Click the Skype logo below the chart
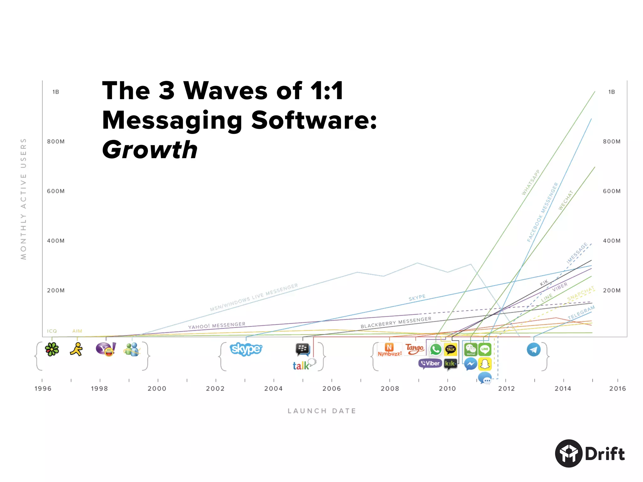246,349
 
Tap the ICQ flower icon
52,349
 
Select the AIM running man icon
77,349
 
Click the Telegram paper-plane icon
533,350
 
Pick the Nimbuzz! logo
389,350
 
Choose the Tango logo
414,348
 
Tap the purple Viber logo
430,363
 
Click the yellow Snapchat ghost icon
485,364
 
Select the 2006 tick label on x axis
332,388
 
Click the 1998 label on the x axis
100,388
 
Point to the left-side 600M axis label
56,191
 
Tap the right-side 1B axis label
611,92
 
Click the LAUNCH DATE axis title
322,411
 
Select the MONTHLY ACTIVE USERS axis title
24,199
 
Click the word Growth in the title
150,150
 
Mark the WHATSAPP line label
531,182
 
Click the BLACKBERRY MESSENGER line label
396,322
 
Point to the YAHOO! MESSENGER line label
217,325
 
